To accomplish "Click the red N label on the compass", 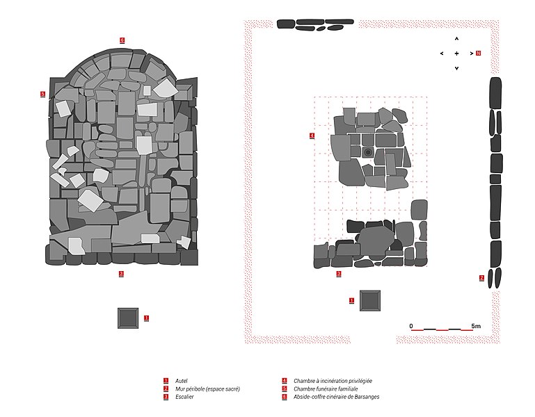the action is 479,54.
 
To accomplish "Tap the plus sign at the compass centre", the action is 456,54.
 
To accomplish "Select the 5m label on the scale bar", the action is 476,326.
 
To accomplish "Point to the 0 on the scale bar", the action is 411,326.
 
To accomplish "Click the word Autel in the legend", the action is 181,381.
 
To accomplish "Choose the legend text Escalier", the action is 184,397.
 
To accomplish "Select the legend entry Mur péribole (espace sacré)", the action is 207,389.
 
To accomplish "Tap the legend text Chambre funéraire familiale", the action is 326,389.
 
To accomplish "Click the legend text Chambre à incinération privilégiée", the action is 333,381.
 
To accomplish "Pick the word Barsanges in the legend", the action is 367,397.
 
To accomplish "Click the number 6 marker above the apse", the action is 122,40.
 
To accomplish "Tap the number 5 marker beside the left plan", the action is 42,94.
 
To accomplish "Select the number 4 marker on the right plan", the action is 312,136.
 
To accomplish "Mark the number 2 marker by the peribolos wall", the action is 481,278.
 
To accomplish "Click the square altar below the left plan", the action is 128,318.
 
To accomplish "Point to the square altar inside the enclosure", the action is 370,301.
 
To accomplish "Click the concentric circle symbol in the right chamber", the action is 368,152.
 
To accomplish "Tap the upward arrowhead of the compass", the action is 456,38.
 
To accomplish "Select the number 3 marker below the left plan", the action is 121,273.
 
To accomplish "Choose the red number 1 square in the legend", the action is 166,381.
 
